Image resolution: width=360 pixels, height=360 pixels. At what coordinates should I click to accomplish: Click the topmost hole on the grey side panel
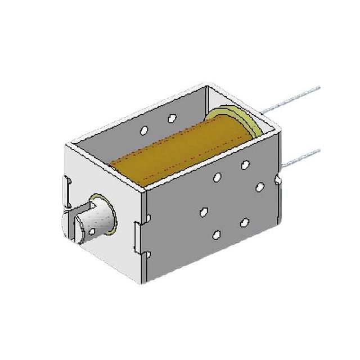pos(245,165)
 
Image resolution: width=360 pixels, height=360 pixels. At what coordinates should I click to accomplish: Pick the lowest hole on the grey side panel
pos(217,234)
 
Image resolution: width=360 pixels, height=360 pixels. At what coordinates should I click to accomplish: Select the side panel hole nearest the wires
pos(259,187)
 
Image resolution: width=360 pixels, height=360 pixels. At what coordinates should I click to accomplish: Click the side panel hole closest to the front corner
pos(204,212)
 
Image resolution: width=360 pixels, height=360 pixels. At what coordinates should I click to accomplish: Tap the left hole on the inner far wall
pos(144,130)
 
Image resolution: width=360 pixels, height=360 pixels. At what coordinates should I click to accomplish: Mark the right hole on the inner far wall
pos(172,119)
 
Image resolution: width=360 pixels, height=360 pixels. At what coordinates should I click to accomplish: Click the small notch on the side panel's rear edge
pos(279,180)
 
